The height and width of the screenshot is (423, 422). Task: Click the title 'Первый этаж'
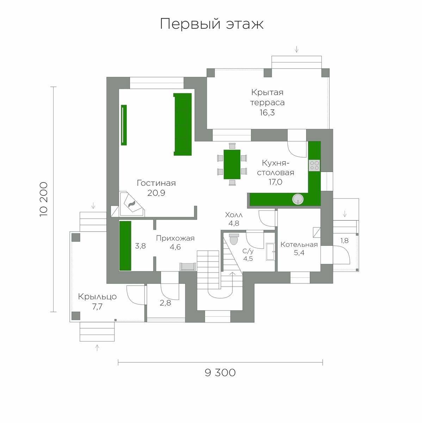point(212,24)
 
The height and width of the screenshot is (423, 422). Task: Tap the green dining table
point(232,164)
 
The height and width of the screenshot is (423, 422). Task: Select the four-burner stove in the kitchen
point(314,166)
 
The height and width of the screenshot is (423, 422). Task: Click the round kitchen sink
point(298,199)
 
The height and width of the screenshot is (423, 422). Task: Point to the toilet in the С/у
point(234,239)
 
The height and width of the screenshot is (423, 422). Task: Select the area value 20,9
point(156,193)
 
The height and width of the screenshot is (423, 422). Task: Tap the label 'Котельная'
point(299,244)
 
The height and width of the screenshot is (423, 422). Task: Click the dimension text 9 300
point(220,373)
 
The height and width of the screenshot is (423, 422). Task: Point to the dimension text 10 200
point(44,199)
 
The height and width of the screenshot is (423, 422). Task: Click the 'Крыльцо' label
point(97,297)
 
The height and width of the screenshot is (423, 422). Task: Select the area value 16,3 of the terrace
point(267,112)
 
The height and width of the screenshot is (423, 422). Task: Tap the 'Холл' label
point(234,215)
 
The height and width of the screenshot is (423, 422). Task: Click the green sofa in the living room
point(182,124)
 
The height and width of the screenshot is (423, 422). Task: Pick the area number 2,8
point(165,303)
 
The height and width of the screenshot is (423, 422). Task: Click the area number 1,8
point(344,241)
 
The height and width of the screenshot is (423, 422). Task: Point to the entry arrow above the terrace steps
point(297,49)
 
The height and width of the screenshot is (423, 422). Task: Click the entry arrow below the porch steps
point(97,348)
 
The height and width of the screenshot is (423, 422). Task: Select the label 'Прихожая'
point(175,238)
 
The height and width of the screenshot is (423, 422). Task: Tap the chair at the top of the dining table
point(232,146)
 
